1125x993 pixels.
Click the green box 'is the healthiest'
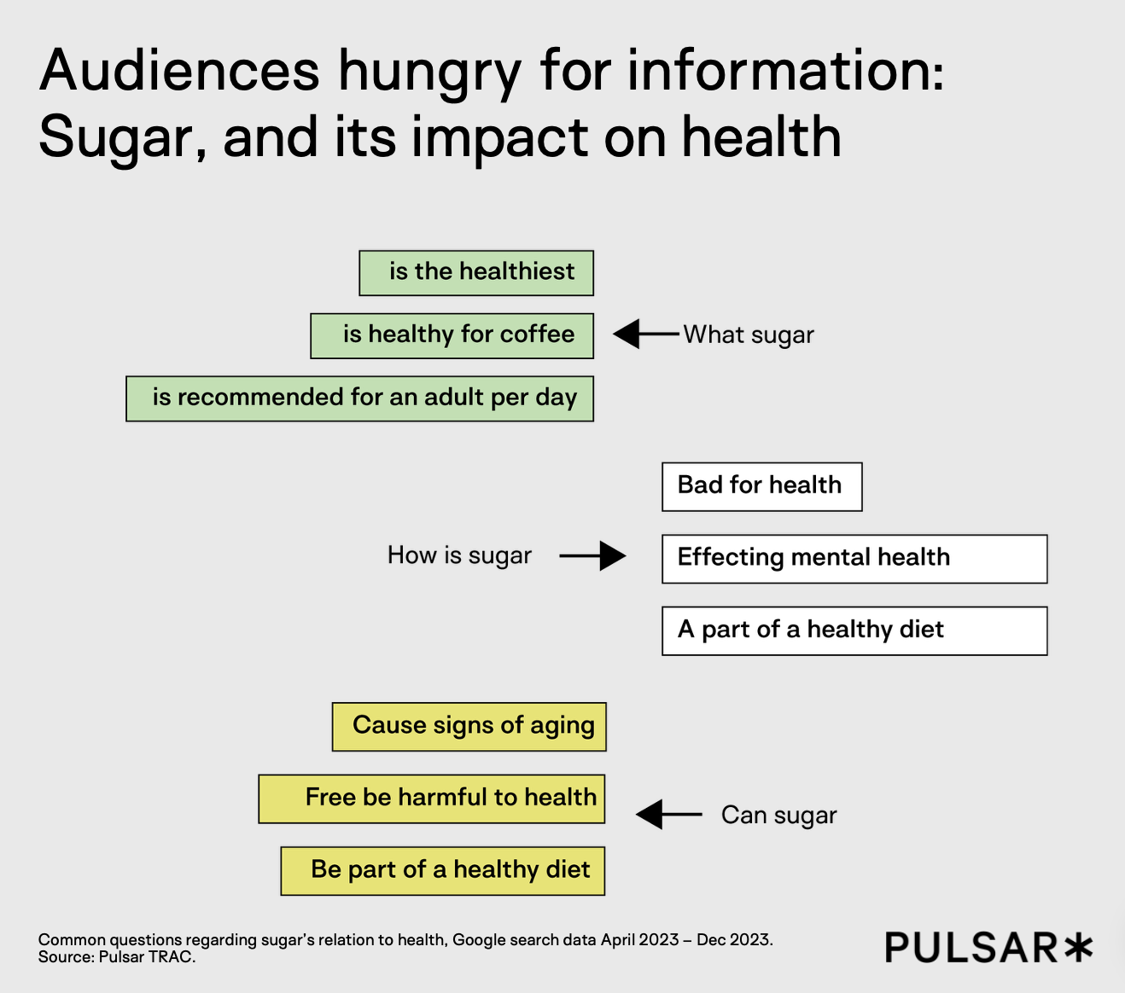point(476,273)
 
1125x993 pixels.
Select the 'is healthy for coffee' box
point(452,335)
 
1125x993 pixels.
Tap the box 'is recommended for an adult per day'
point(359,398)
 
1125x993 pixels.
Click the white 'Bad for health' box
point(761,486)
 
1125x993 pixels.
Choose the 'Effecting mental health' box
point(854,559)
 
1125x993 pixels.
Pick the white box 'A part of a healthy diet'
point(854,630)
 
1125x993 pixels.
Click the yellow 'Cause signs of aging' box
point(469,727)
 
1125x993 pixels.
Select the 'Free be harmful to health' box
point(432,798)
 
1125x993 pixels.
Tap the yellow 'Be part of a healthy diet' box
point(442,871)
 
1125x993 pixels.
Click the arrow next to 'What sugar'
point(644,334)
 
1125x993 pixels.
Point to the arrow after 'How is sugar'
point(593,556)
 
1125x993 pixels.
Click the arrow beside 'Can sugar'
point(668,815)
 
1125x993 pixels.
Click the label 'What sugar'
point(749,335)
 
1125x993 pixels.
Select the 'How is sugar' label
point(459,555)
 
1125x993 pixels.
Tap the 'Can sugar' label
point(778,816)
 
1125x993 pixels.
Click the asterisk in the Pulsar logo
point(1077,947)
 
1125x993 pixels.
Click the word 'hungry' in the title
point(429,73)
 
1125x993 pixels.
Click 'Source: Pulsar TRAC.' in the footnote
point(117,957)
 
